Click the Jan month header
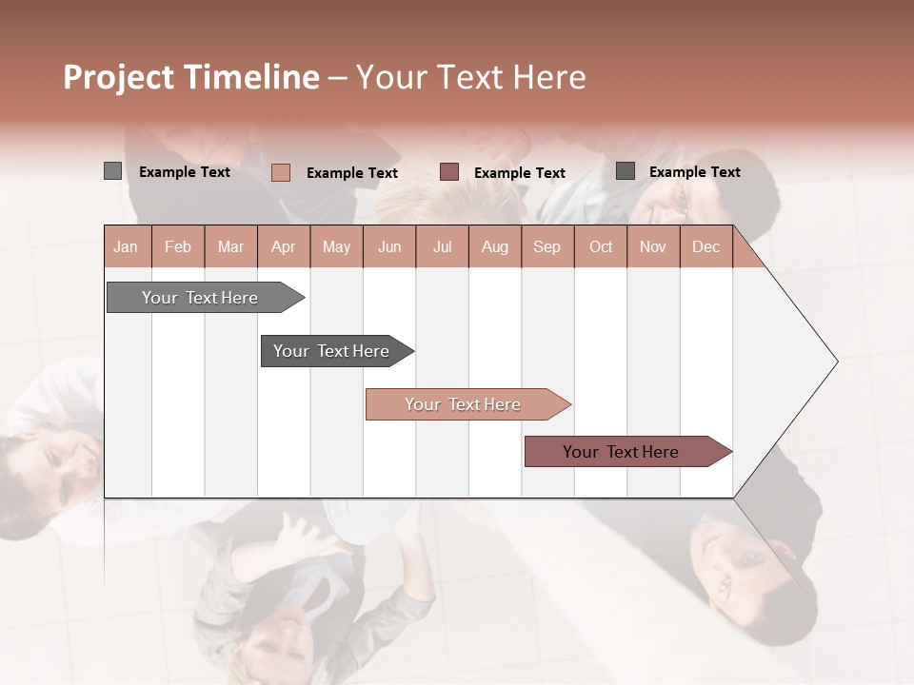pyautogui.click(x=126, y=246)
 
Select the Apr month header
pyautogui.click(x=283, y=246)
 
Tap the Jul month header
pyautogui.click(x=442, y=246)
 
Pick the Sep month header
pyautogui.click(x=546, y=246)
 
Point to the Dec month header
pyautogui.click(x=705, y=246)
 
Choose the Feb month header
pyautogui.click(x=178, y=246)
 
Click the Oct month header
pyautogui.click(x=601, y=246)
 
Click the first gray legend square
pyautogui.click(x=112, y=171)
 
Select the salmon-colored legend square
pyautogui.click(x=280, y=172)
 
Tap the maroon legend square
pyautogui.click(x=449, y=172)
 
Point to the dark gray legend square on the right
pyautogui.click(x=626, y=171)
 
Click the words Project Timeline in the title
pyautogui.click(x=191, y=77)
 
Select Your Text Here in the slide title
pyautogui.click(x=470, y=77)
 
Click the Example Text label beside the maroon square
pyautogui.click(x=520, y=173)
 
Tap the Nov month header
pyautogui.click(x=653, y=246)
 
